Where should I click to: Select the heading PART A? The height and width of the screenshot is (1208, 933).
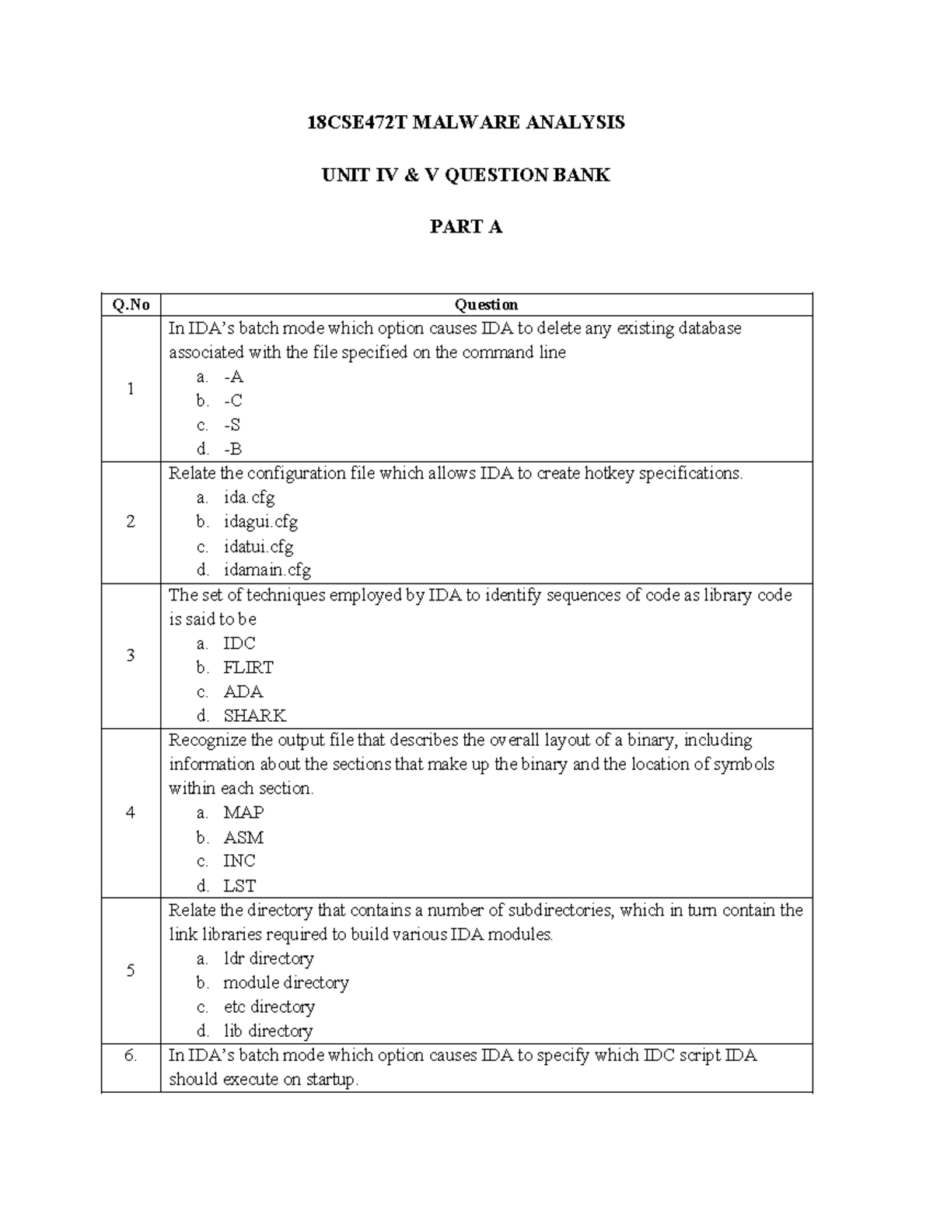[466, 226]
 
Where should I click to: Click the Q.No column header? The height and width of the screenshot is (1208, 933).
[131, 305]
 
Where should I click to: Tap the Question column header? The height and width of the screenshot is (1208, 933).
[486, 305]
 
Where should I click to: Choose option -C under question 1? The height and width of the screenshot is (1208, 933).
[232, 401]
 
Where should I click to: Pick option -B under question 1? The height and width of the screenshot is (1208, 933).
[232, 449]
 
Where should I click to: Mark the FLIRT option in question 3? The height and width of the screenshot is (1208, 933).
[248, 667]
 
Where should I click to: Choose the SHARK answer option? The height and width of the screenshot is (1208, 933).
[254, 716]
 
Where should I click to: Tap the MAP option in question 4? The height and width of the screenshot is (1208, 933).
[243, 812]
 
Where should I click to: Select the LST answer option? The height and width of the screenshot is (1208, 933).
[239, 885]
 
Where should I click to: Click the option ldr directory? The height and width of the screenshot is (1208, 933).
[268, 958]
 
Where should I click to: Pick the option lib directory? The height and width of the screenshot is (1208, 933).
[267, 1031]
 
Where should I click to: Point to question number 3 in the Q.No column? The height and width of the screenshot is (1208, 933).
[131, 655]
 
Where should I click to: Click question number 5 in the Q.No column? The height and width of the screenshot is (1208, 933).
[131, 970]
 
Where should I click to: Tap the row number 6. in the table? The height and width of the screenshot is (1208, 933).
[131, 1056]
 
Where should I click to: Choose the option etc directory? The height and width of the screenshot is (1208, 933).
[269, 1007]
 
